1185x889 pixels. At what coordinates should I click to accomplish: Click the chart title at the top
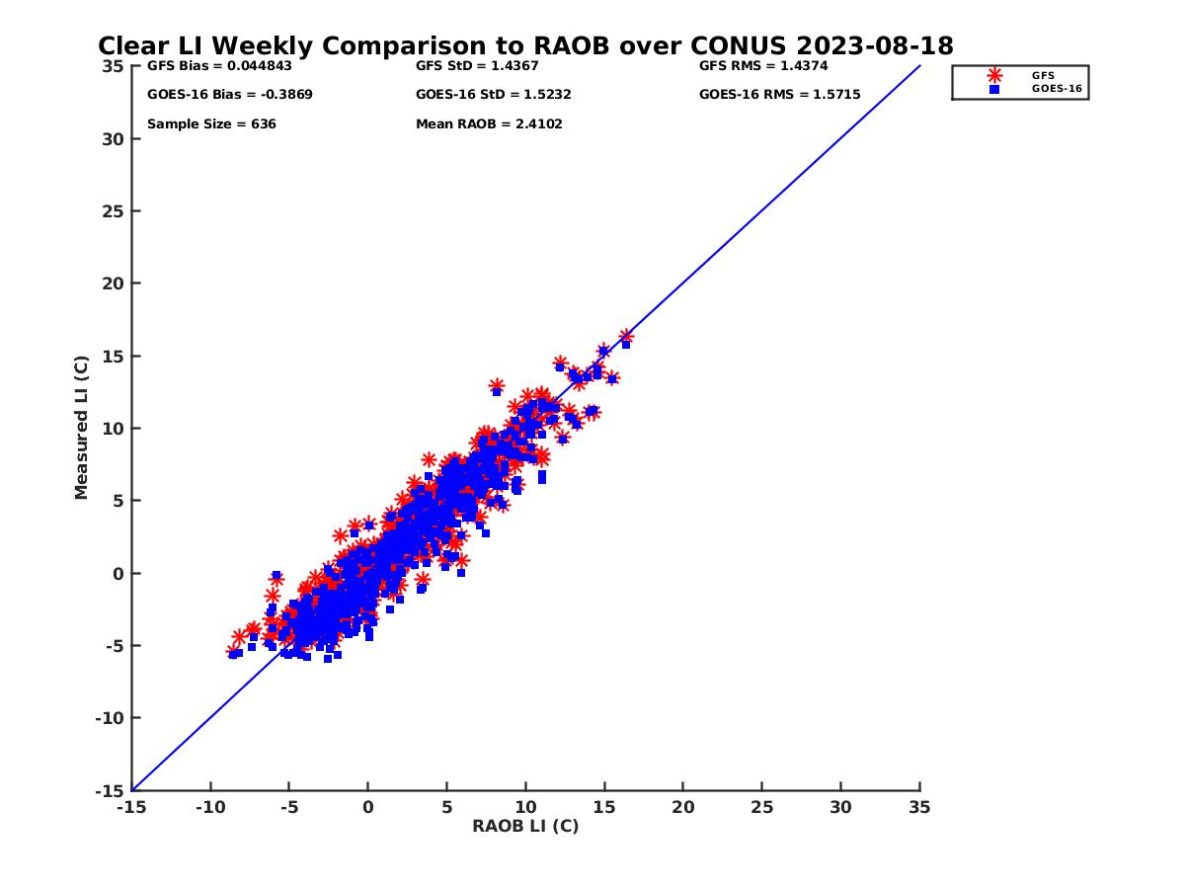click(525, 46)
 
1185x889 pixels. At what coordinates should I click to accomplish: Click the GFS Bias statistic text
click(219, 66)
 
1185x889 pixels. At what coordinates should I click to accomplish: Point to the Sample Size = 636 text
click(211, 124)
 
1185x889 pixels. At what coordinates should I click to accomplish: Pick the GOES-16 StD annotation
click(494, 95)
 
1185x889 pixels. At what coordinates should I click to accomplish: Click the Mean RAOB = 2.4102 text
click(489, 124)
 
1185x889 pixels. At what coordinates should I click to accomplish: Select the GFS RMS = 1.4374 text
click(763, 66)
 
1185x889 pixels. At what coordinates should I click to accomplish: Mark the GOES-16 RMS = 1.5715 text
click(779, 95)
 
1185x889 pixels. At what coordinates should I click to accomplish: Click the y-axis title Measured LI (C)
click(81, 427)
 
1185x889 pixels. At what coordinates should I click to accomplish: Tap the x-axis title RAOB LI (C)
click(525, 826)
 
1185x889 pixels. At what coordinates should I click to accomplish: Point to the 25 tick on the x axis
click(761, 807)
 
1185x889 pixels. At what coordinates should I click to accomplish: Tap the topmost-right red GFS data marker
click(626, 337)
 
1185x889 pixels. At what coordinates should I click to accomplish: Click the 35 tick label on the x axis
click(919, 807)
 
